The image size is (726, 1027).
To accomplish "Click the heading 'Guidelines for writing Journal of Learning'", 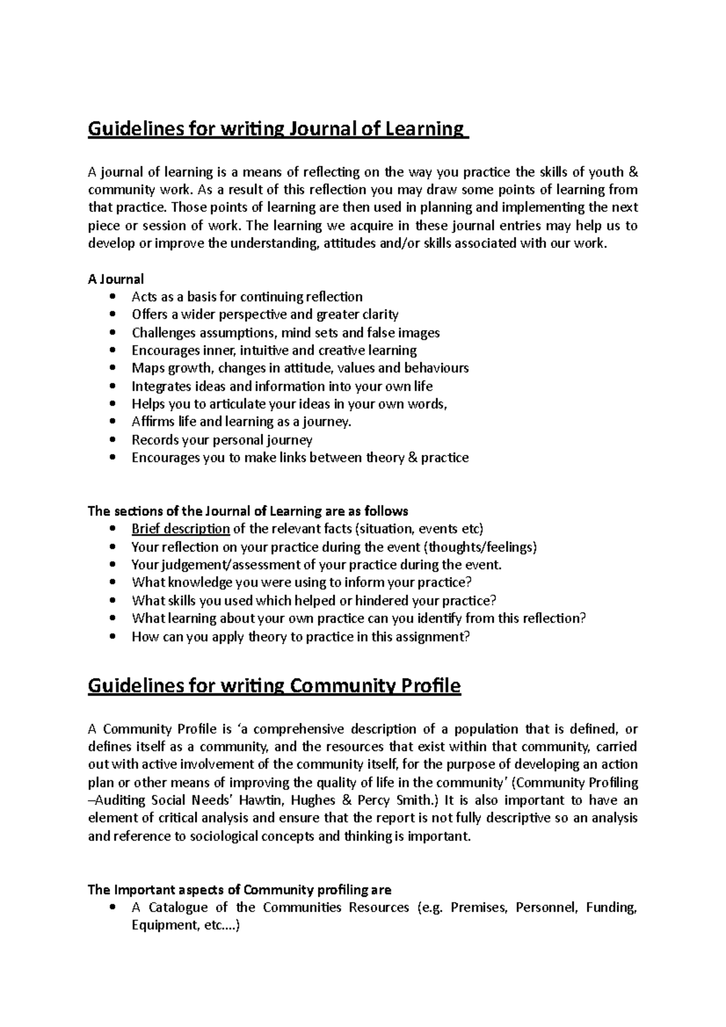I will (x=278, y=129).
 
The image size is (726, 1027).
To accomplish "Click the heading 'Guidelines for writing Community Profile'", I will (x=274, y=686).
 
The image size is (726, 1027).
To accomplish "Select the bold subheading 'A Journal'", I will (x=116, y=279).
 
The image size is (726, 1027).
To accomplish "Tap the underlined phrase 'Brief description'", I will (x=180, y=529).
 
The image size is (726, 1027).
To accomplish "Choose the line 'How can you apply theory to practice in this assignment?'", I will (x=300, y=637).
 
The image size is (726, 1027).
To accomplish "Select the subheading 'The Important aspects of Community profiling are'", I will (x=240, y=890).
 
